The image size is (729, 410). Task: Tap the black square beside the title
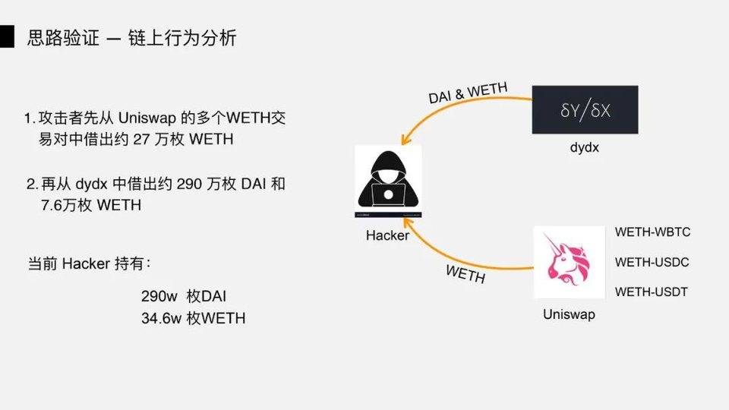click(7, 37)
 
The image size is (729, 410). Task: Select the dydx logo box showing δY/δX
click(585, 110)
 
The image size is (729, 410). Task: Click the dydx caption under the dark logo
click(585, 147)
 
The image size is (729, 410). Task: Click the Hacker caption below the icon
click(387, 235)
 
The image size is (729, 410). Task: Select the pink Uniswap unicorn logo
click(564, 262)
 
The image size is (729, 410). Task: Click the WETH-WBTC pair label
click(652, 232)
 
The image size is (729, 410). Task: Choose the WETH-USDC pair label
click(652, 262)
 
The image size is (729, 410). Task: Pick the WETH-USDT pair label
click(652, 292)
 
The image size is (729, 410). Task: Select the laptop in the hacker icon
click(388, 197)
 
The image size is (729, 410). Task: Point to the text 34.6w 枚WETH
click(193, 319)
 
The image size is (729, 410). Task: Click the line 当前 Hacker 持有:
click(90, 264)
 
